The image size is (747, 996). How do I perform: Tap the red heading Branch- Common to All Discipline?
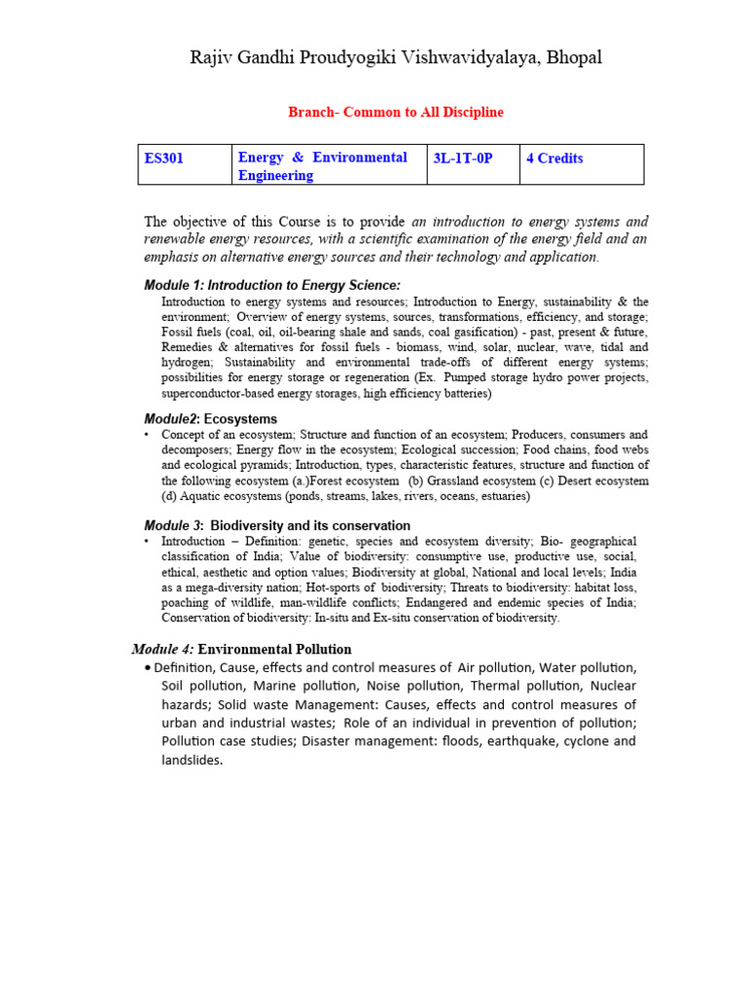click(396, 112)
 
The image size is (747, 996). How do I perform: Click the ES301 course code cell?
click(166, 158)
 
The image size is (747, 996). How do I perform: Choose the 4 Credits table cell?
click(554, 158)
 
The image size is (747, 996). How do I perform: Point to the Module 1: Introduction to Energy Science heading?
click(271, 285)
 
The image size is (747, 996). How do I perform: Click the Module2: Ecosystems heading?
click(210, 418)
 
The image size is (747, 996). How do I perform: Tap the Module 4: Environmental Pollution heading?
click(241, 649)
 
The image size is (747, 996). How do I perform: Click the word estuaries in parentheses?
click(502, 496)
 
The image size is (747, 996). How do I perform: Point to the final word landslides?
click(192, 760)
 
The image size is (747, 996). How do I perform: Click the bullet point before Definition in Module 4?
click(146, 668)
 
